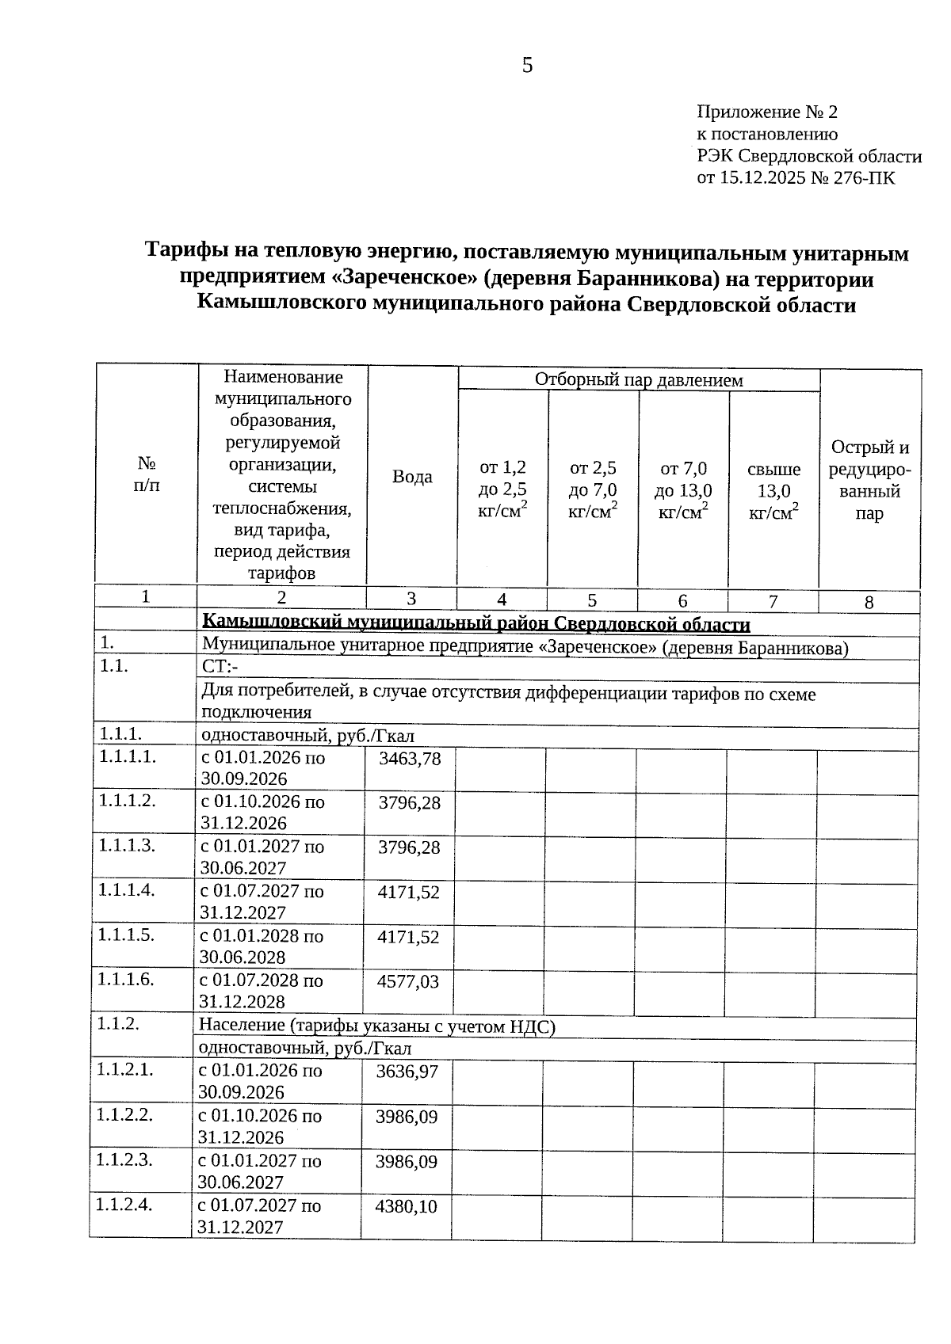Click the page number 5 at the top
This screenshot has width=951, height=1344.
(x=528, y=66)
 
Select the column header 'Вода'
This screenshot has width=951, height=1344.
(x=412, y=477)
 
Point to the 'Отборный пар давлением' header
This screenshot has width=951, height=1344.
(x=639, y=380)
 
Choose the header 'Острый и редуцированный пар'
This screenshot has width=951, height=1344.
(x=869, y=481)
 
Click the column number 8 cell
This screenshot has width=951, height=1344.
(x=869, y=603)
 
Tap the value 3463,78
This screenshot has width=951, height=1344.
(x=410, y=759)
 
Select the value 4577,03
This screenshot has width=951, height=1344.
(x=408, y=982)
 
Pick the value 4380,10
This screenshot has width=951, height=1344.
(x=406, y=1207)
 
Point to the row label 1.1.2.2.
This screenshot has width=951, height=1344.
(x=124, y=1115)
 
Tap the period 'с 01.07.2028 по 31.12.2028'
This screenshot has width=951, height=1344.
(x=261, y=991)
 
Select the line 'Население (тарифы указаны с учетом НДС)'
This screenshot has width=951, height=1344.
(x=377, y=1026)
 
